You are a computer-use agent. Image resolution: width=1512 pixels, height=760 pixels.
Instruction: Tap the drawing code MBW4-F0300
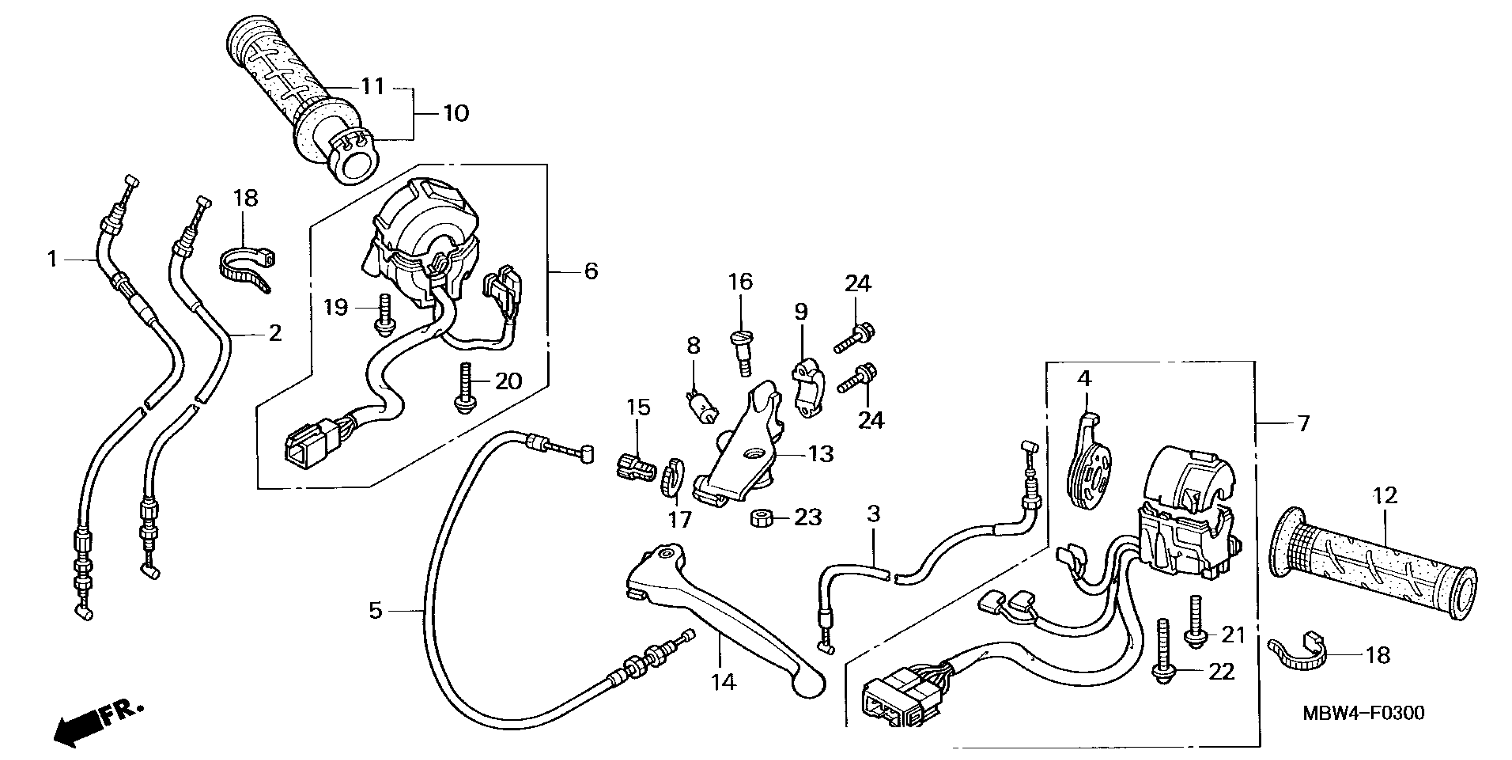(x=1363, y=713)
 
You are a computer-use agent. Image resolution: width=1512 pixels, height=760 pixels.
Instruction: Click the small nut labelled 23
(x=760, y=519)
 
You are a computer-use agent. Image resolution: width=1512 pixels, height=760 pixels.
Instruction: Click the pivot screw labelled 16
(x=741, y=352)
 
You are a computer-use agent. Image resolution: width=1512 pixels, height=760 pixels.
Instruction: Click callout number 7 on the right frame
(x=1303, y=423)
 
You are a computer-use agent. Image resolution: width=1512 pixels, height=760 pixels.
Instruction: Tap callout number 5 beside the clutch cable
(x=376, y=610)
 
